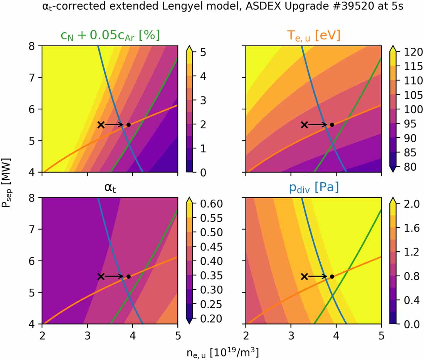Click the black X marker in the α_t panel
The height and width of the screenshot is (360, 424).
tap(101, 276)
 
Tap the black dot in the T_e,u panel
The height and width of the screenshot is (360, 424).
tap(332, 124)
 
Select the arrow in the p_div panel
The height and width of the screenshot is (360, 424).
tap(318, 276)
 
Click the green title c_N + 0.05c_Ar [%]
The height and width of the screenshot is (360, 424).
tap(110, 35)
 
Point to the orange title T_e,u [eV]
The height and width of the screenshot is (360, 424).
tap(313, 35)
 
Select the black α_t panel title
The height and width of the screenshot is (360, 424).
tap(110, 188)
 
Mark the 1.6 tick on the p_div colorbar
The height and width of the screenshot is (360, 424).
tap(407, 228)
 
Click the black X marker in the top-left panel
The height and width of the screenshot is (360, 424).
tap(101, 124)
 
